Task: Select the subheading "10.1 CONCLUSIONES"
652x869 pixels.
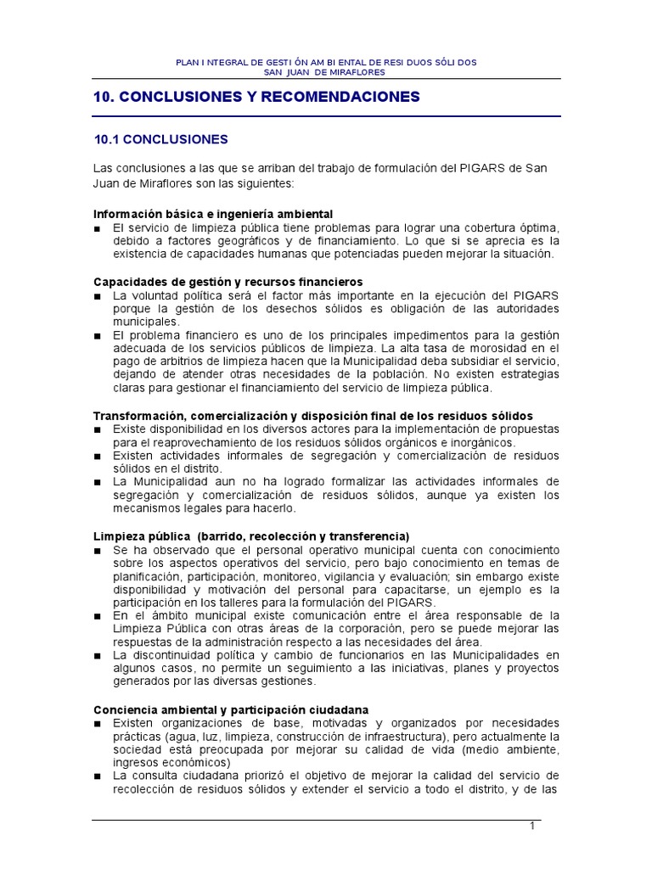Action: (x=160, y=138)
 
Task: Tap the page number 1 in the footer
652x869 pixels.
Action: (x=531, y=828)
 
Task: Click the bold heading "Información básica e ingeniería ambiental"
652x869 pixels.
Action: (x=213, y=213)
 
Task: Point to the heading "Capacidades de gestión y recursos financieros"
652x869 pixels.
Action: (x=228, y=281)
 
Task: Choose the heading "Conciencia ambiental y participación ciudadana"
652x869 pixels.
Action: (x=231, y=709)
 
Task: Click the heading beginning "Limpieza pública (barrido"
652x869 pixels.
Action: (x=251, y=536)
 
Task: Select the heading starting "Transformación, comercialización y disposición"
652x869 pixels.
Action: (x=312, y=416)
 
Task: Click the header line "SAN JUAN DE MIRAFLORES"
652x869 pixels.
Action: (x=326, y=72)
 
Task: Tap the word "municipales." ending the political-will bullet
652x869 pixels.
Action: (x=146, y=322)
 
